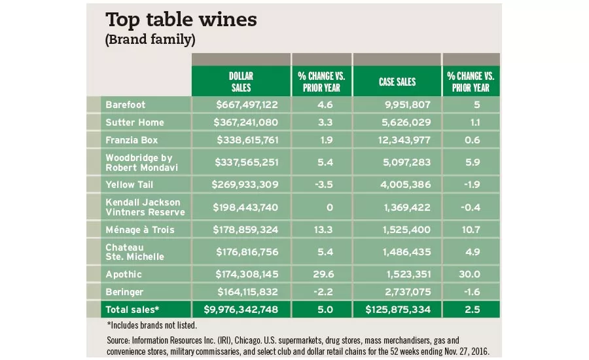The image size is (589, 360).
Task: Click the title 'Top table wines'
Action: pos(181,20)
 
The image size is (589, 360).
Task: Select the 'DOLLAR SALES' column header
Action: pos(240,82)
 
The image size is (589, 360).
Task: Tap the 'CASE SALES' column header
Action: pos(397,82)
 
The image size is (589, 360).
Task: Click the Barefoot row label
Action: pos(125,104)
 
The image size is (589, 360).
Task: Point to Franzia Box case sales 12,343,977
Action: pos(403,140)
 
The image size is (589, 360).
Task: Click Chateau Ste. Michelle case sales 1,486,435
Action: pos(406,252)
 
